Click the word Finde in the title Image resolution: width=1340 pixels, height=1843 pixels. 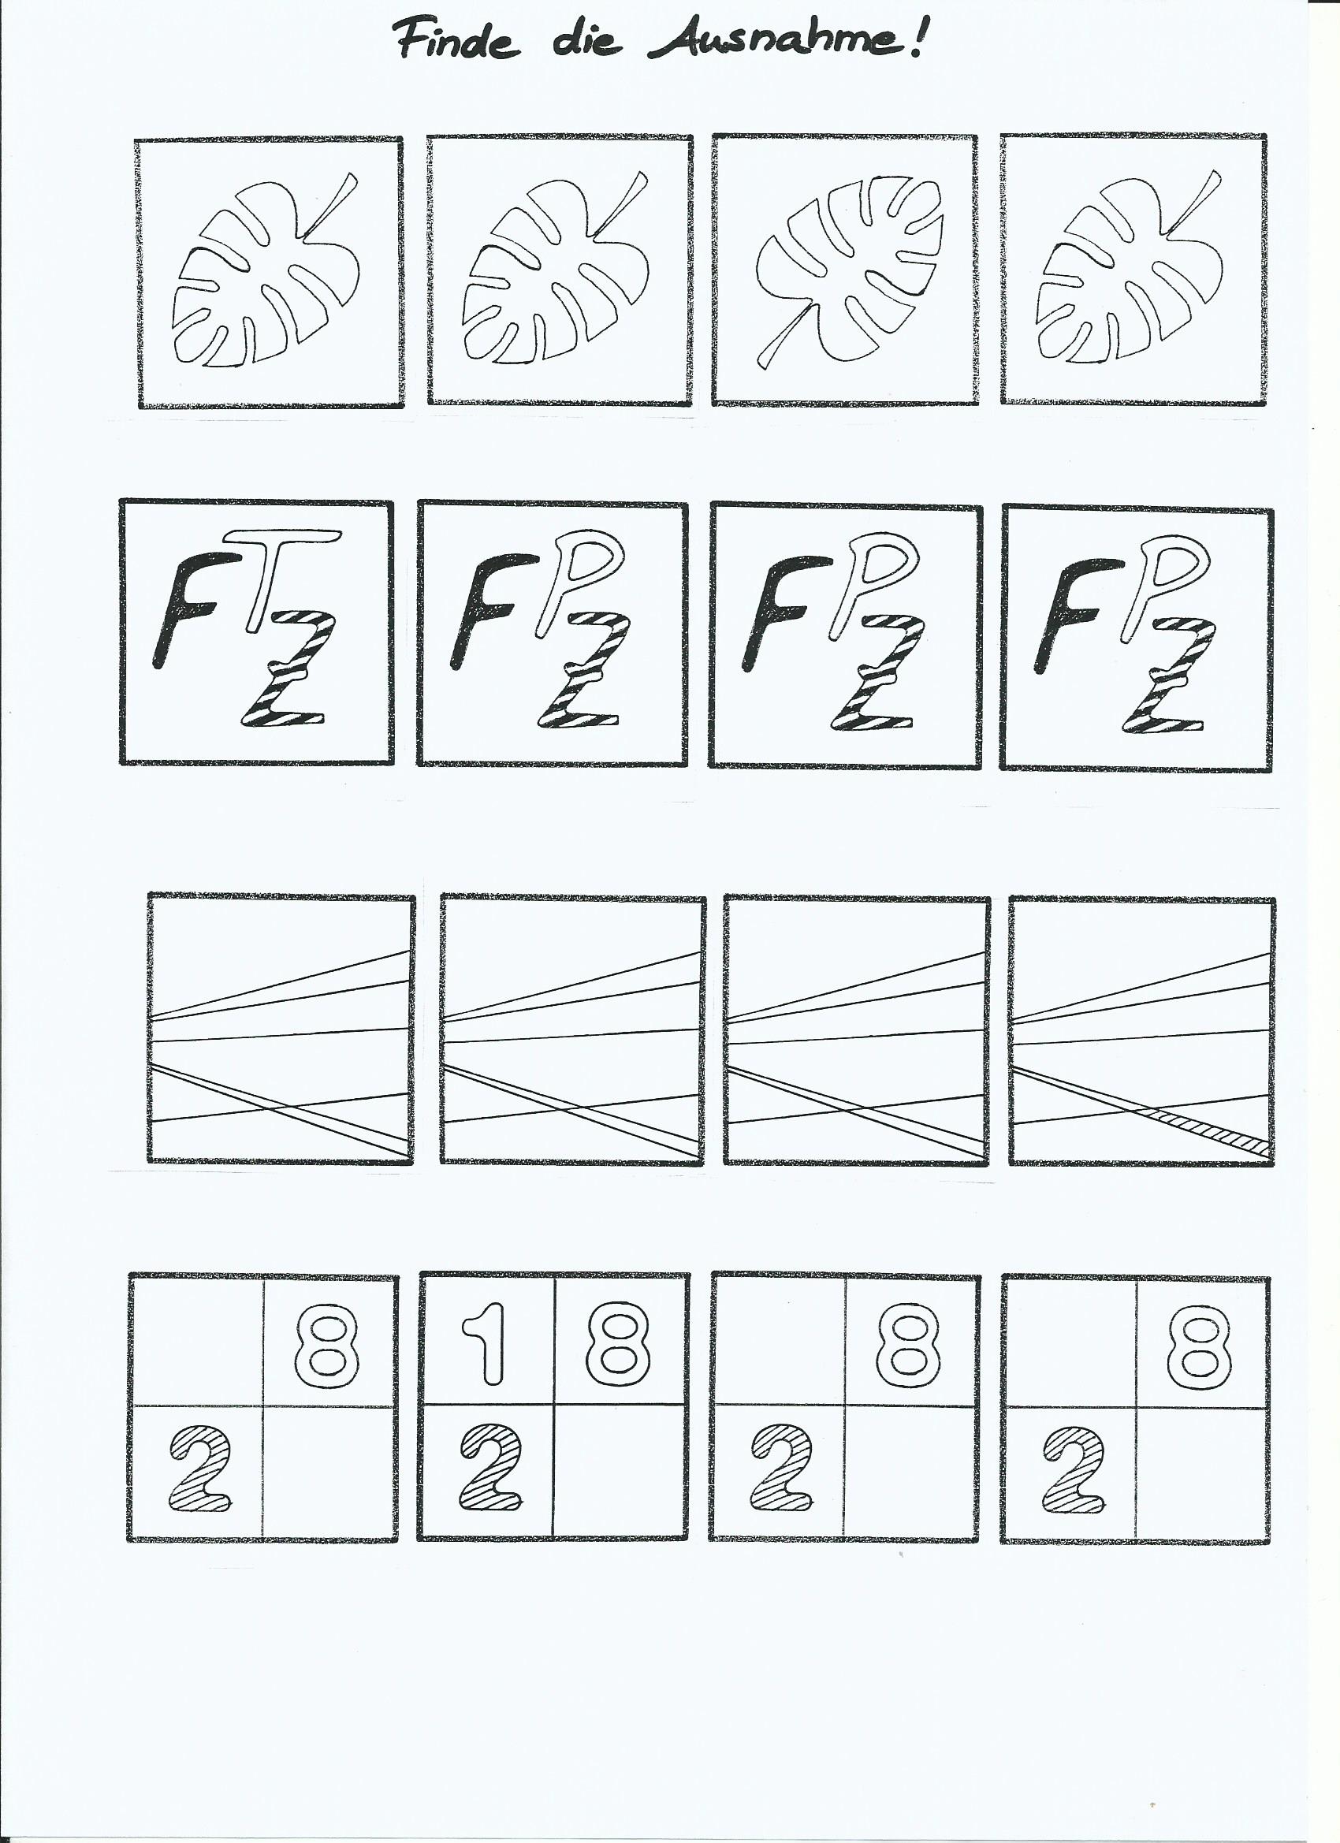point(456,41)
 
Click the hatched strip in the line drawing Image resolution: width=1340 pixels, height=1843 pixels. point(1203,1128)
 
